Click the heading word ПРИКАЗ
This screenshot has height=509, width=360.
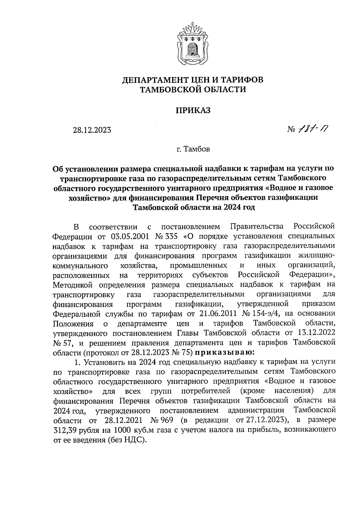click(193, 110)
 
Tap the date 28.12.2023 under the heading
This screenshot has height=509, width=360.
click(92, 130)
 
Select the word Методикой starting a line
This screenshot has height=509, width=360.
click(74, 284)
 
